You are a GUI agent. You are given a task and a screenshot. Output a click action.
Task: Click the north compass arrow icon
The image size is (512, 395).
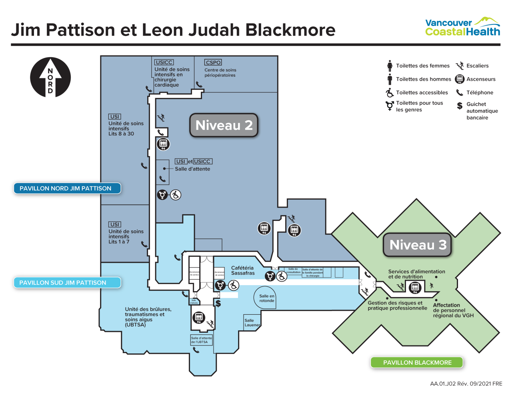50,77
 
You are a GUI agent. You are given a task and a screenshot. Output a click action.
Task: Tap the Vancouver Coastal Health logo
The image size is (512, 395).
462,27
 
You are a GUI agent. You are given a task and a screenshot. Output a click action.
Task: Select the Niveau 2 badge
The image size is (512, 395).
224,125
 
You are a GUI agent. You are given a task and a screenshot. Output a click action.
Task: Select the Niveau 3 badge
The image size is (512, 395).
418,245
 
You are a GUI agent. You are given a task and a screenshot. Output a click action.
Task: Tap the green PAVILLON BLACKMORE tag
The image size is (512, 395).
417,363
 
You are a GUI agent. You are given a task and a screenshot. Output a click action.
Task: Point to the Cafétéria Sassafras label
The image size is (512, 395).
243,270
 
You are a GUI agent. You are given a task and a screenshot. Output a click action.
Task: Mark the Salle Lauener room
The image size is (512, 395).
252,322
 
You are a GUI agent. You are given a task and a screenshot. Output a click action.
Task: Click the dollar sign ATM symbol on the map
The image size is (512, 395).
218,304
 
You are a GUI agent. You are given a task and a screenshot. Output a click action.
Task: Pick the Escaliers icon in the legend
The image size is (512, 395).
460,66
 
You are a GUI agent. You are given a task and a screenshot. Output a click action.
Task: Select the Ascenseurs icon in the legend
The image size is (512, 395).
460,79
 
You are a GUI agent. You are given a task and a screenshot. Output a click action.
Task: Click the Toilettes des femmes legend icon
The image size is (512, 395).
390,66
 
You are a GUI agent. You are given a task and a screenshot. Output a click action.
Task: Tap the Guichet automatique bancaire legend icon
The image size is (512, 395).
460,106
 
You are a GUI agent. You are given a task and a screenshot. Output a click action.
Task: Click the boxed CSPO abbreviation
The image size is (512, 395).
213,63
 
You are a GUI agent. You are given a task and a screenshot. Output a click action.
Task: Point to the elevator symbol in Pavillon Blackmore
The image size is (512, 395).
415,287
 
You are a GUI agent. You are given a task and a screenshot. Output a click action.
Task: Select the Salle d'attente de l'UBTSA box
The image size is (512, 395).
201,340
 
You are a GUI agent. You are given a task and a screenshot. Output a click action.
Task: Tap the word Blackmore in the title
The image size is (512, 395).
290,30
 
